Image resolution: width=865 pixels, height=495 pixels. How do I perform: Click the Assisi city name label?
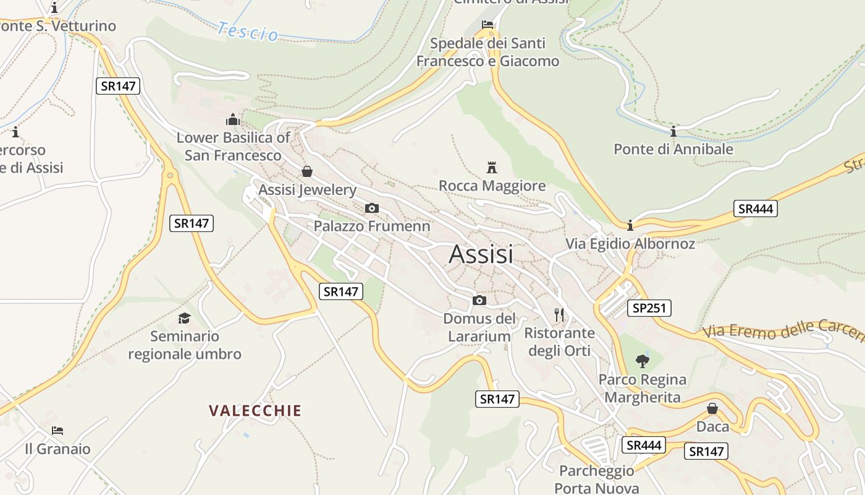[x=481, y=254]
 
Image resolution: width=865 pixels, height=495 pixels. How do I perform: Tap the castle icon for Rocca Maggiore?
[x=492, y=167]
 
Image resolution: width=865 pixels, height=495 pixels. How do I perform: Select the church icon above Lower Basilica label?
[x=233, y=119]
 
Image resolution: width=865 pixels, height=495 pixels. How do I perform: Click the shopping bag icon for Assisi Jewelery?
[x=306, y=171]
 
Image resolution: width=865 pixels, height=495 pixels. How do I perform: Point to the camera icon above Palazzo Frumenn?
[x=372, y=208]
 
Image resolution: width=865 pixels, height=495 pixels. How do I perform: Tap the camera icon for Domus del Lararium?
[x=479, y=301]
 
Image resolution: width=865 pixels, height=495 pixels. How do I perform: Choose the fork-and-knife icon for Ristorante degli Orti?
[x=559, y=315]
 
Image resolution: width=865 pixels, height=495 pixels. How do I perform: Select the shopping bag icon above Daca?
[x=712, y=408]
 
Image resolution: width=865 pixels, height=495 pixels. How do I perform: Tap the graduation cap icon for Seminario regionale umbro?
[x=184, y=318]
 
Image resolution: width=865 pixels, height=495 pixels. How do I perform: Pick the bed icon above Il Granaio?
[x=57, y=431]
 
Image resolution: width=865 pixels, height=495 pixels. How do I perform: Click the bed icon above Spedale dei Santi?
[x=487, y=25]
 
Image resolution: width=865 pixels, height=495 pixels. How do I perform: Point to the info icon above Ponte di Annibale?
[x=673, y=131]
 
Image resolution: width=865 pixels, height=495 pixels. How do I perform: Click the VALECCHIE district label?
[x=255, y=411]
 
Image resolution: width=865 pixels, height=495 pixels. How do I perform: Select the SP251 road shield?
[x=649, y=308]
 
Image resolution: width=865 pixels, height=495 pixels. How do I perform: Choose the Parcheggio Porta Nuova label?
[x=596, y=479]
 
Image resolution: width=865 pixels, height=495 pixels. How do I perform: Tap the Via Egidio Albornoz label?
[x=630, y=244]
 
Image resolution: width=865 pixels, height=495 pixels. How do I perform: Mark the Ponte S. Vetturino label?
[x=58, y=26]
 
